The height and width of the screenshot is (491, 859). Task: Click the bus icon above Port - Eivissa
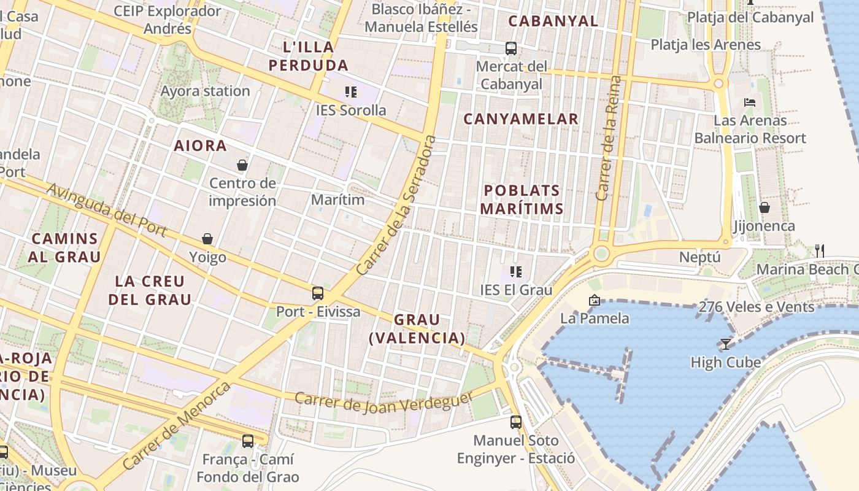(x=318, y=293)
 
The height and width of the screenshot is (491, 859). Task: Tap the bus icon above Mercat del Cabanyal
(x=510, y=48)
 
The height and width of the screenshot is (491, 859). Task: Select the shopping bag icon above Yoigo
(x=207, y=239)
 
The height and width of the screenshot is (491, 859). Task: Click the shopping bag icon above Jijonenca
(x=764, y=208)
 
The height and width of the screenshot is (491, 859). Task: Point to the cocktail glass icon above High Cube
(x=726, y=344)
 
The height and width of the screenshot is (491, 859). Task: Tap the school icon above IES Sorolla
(x=350, y=92)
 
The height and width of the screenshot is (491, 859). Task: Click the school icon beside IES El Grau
(x=516, y=271)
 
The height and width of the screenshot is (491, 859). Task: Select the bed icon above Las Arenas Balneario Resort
(x=749, y=102)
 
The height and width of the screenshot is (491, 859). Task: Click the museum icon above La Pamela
(x=594, y=300)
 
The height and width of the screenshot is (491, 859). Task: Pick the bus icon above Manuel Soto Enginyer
(x=516, y=422)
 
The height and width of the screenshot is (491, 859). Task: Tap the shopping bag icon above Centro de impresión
(x=242, y=165)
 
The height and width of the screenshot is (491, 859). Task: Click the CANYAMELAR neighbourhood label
(x=521, y=119)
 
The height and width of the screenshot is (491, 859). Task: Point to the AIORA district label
(x=200, y=146)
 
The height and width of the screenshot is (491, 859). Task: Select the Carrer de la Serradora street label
(x=396, y=205)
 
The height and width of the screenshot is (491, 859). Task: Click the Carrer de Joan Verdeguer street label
(x=384, y=402)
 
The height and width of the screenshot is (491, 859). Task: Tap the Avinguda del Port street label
(x=107, y=209)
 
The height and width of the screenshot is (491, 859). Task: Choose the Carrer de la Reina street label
(x=609, y=138)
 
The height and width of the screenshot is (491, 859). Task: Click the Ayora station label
(x=205, y=91)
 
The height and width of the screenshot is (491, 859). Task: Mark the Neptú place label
(x=699, y=257)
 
